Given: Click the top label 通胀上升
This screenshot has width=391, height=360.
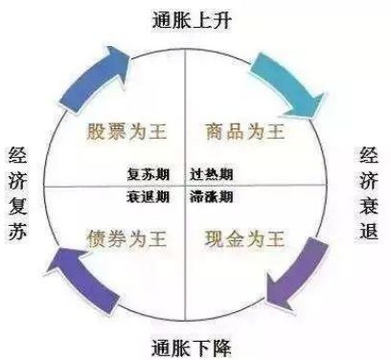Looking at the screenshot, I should pos(196,16).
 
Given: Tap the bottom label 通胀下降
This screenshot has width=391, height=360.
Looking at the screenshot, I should pos(196,346).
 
